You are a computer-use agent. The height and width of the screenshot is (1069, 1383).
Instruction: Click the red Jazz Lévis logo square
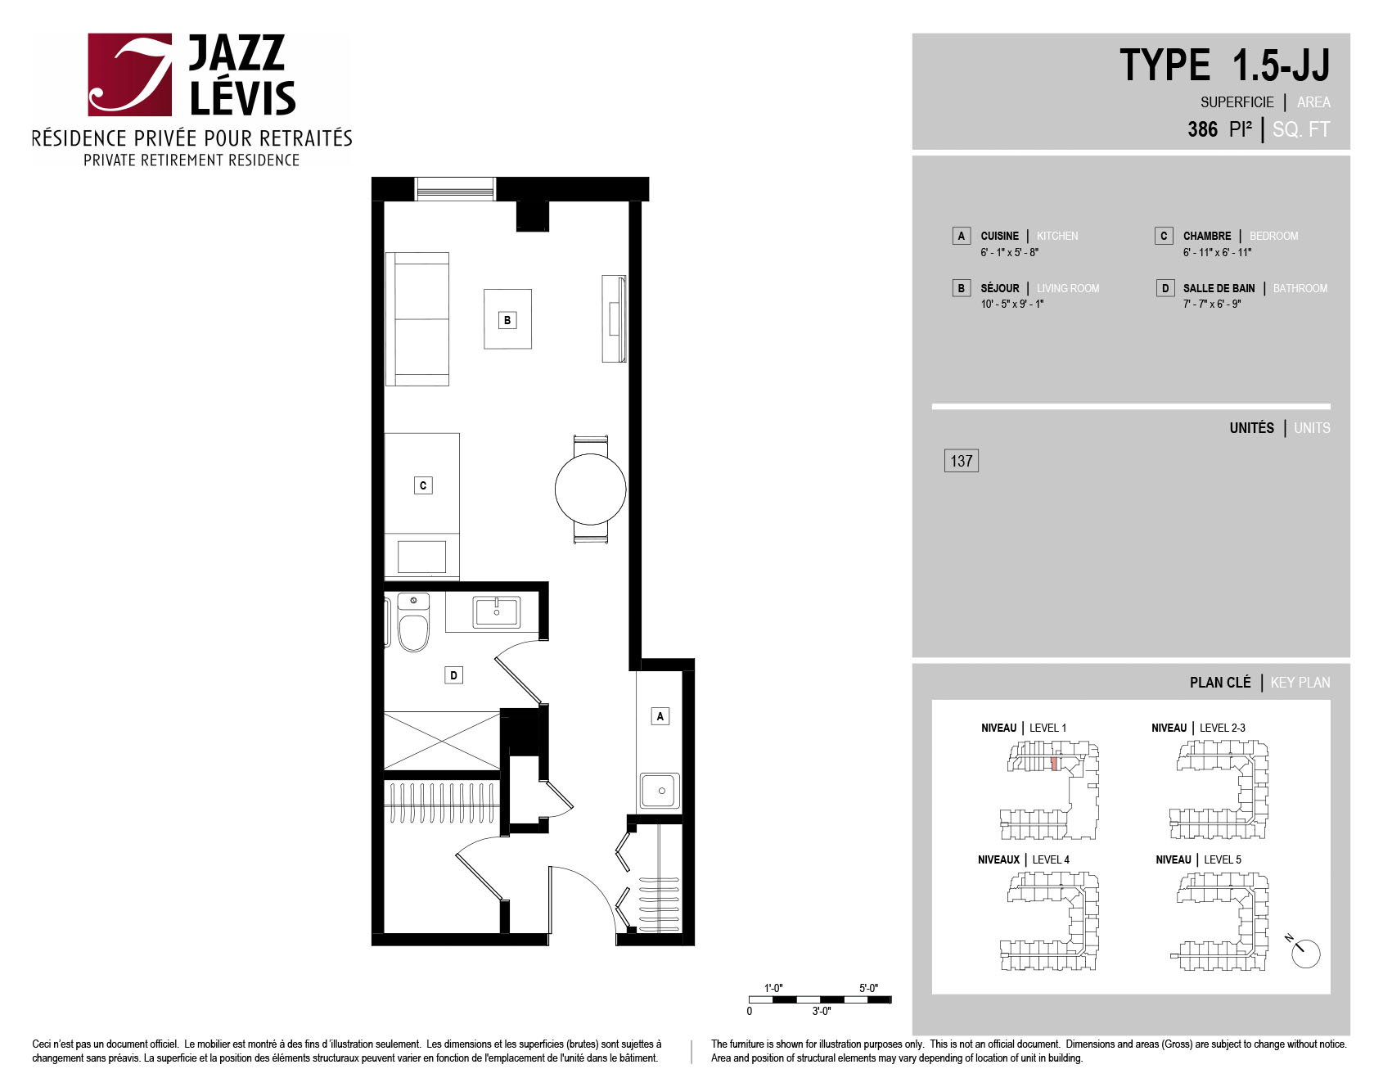click(130, 74)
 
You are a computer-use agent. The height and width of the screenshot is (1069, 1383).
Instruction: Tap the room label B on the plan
click(507, 320)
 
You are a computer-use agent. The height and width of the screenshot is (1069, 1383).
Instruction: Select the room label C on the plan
click(423, 485)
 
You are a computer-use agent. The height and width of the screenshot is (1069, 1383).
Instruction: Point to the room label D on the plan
click(453, 675)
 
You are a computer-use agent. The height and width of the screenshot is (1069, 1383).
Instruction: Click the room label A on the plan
click(660, 716)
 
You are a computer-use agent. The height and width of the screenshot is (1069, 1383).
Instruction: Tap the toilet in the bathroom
click(413, 623)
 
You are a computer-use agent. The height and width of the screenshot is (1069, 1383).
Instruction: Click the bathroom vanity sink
click(496, 612)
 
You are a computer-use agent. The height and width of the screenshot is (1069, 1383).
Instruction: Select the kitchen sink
click(660, 791)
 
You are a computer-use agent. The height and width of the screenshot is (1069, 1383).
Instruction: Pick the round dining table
click(591, 489)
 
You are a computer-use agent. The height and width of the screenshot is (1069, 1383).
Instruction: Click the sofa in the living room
click(417, 319)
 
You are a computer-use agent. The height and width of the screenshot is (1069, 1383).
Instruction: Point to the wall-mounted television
click(614, 318)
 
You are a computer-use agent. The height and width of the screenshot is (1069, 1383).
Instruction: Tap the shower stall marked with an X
click(442, 741)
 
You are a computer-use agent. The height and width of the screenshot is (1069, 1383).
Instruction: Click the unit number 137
click(962, 461)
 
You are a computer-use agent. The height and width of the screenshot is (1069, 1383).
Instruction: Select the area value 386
click(1203, 129)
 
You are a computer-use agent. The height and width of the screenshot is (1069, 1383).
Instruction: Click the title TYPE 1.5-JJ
click(1224, 65)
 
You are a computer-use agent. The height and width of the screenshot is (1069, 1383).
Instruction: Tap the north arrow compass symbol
click(1304, 952)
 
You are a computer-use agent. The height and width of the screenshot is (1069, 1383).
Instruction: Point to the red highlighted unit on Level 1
click(1054, 764)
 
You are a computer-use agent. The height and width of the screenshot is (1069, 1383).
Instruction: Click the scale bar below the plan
click(820, 999)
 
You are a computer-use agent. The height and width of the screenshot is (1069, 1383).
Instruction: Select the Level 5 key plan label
click(1199, 859)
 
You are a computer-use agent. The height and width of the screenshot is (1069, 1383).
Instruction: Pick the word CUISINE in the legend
click(1000, 236)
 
